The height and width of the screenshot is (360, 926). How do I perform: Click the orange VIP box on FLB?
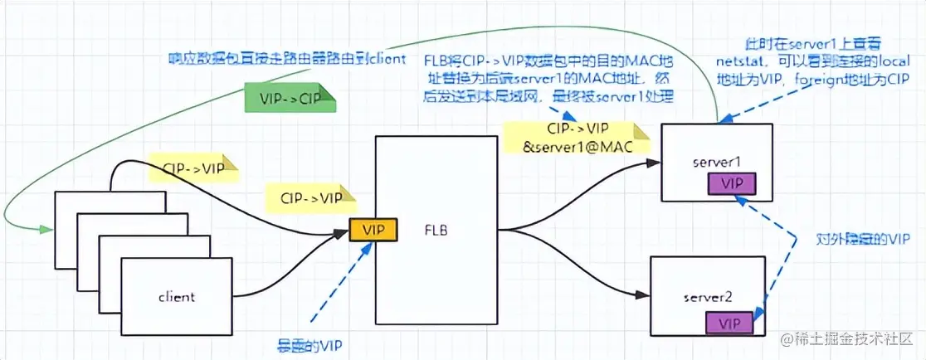pyautogui.click(x=373, y=229)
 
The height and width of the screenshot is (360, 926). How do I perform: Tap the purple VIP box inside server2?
pyautogui.click(x=729, y=323)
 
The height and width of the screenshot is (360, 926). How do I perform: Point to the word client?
pyautogui.click(x=177, y=296)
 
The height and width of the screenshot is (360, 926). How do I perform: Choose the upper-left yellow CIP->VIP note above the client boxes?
pyautogui.click(x=192, y=168)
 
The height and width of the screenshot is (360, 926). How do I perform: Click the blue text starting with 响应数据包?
pyautogui.click(x=287, y=58)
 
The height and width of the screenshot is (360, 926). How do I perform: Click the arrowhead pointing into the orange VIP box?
pyautogui.click(x=342, y=231)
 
